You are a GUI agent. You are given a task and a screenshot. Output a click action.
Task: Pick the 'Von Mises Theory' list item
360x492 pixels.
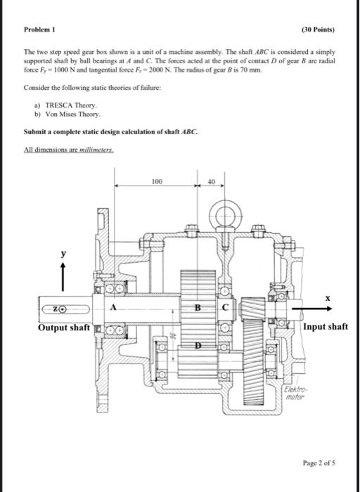73,113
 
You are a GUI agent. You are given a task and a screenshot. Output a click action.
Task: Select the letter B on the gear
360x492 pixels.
199,307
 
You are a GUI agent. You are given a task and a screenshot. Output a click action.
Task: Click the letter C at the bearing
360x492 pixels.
226,307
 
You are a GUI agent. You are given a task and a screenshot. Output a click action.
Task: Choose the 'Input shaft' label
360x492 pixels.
326,327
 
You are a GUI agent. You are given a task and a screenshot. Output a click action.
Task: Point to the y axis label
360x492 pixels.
63,253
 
